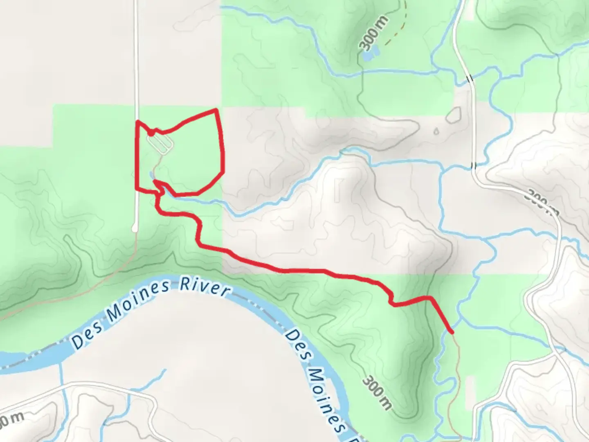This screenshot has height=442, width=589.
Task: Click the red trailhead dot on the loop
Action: (x=151, y=133)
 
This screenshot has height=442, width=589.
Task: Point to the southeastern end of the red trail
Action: (x=452, y=332)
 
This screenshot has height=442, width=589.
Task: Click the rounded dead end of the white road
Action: (x=135, y=230)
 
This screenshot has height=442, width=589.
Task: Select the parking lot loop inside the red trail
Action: (x=160, y=144)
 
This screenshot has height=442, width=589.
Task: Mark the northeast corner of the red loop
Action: (x=216, y=110)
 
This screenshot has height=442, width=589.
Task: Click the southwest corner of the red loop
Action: (x=137, y=189)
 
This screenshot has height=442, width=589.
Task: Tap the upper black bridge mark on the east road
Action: (x=471, y=78)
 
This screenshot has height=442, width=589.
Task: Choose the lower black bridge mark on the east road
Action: (x=474, y=166)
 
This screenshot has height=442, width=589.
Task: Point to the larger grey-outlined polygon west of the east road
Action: (x=454, y=115)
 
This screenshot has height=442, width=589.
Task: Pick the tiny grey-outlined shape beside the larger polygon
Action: (x=436, y=132)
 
